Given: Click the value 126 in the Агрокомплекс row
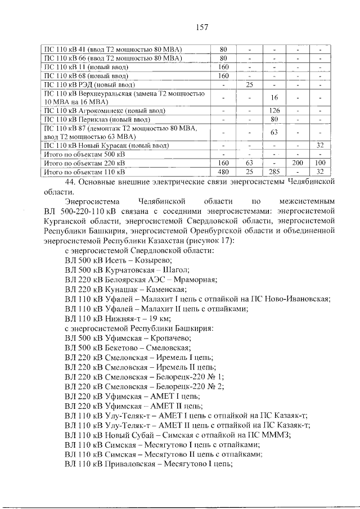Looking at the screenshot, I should click(274, 110).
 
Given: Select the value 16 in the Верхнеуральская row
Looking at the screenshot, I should click(274, 97).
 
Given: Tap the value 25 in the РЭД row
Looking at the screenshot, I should click(249, 84).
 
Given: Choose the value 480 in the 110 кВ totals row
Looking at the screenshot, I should click(223, 172).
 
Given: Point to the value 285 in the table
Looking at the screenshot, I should click(274, 172).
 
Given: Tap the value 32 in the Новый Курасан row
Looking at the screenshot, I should click(321, 145).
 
